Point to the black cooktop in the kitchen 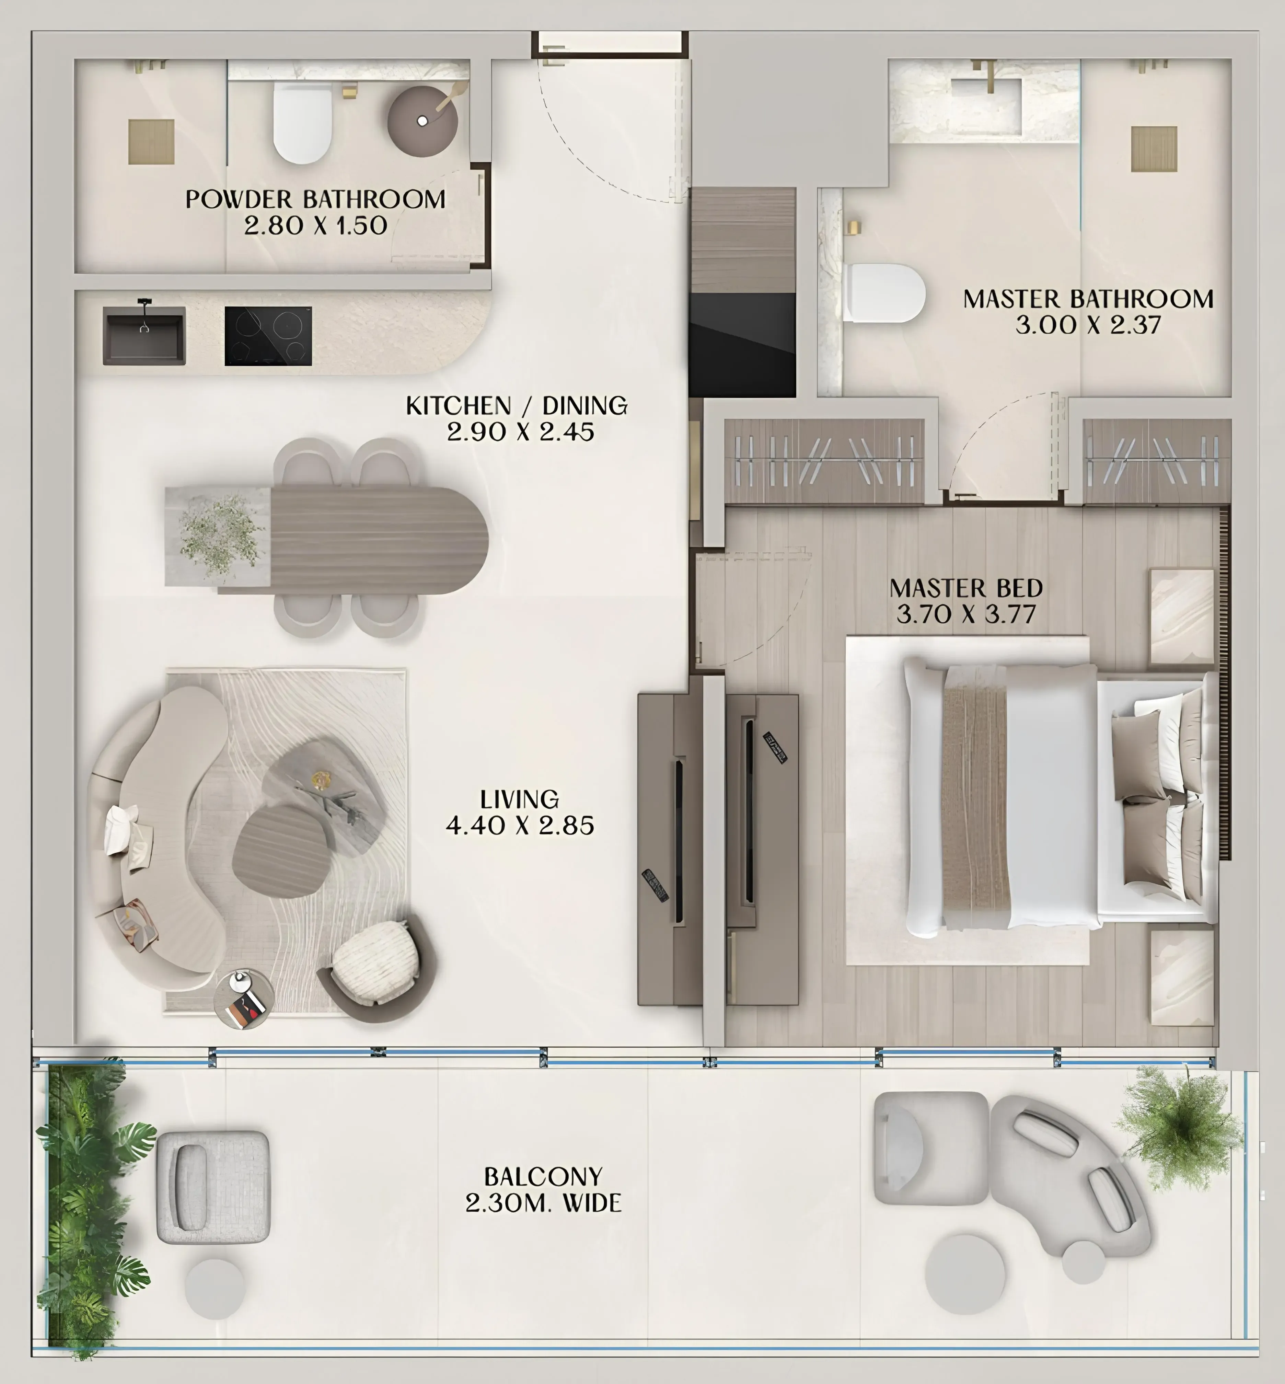pyautogui.click(x=268, y=336)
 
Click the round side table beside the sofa pyautogui.click(x=243, y=998)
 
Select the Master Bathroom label pyautogui.click(x=1088, y=299)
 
